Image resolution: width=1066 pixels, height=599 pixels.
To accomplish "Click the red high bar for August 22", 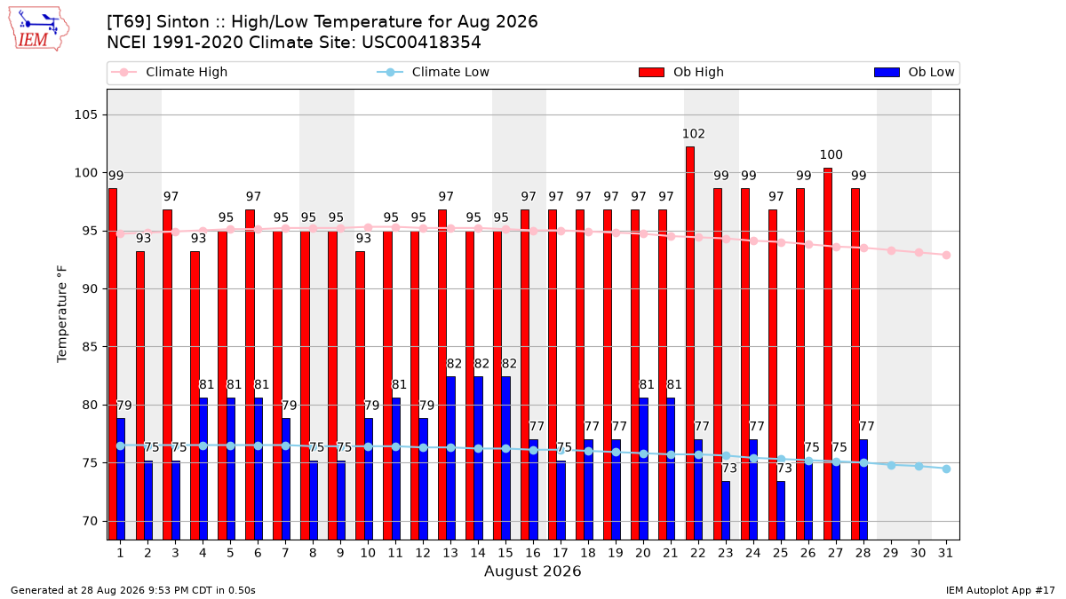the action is (690, 343).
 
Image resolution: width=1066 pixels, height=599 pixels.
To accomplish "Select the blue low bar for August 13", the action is (450, 458).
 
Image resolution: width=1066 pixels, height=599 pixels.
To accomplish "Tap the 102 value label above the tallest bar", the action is (694, 134).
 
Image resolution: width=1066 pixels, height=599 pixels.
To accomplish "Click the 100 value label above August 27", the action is (831, 155).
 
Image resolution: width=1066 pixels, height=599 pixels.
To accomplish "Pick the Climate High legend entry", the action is (169, 72).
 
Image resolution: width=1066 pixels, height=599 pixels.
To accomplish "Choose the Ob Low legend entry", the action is (914, 72).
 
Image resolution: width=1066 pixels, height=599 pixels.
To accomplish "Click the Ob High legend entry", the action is (681, 72).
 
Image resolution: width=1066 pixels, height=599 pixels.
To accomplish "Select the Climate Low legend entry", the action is (434, 72).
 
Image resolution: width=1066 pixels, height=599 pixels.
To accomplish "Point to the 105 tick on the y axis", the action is (85, 115).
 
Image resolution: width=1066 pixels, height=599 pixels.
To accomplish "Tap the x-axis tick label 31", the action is (945, 554).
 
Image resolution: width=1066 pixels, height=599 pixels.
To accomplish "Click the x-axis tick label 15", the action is (505, 554).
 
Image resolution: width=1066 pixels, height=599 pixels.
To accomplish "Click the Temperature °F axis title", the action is (62, 314).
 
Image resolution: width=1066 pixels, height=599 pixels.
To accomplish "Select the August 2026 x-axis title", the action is (532, 571).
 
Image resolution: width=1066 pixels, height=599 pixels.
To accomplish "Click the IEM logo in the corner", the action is (38, 29).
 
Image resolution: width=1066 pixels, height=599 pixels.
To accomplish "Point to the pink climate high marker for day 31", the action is (947, 256).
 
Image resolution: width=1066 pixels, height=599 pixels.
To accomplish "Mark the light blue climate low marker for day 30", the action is (919, 467).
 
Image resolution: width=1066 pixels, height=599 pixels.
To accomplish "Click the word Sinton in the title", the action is (183, 22).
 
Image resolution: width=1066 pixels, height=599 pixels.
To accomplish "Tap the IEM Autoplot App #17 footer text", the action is (1000, 590).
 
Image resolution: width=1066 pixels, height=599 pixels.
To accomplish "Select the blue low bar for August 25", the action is (781, 510).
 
